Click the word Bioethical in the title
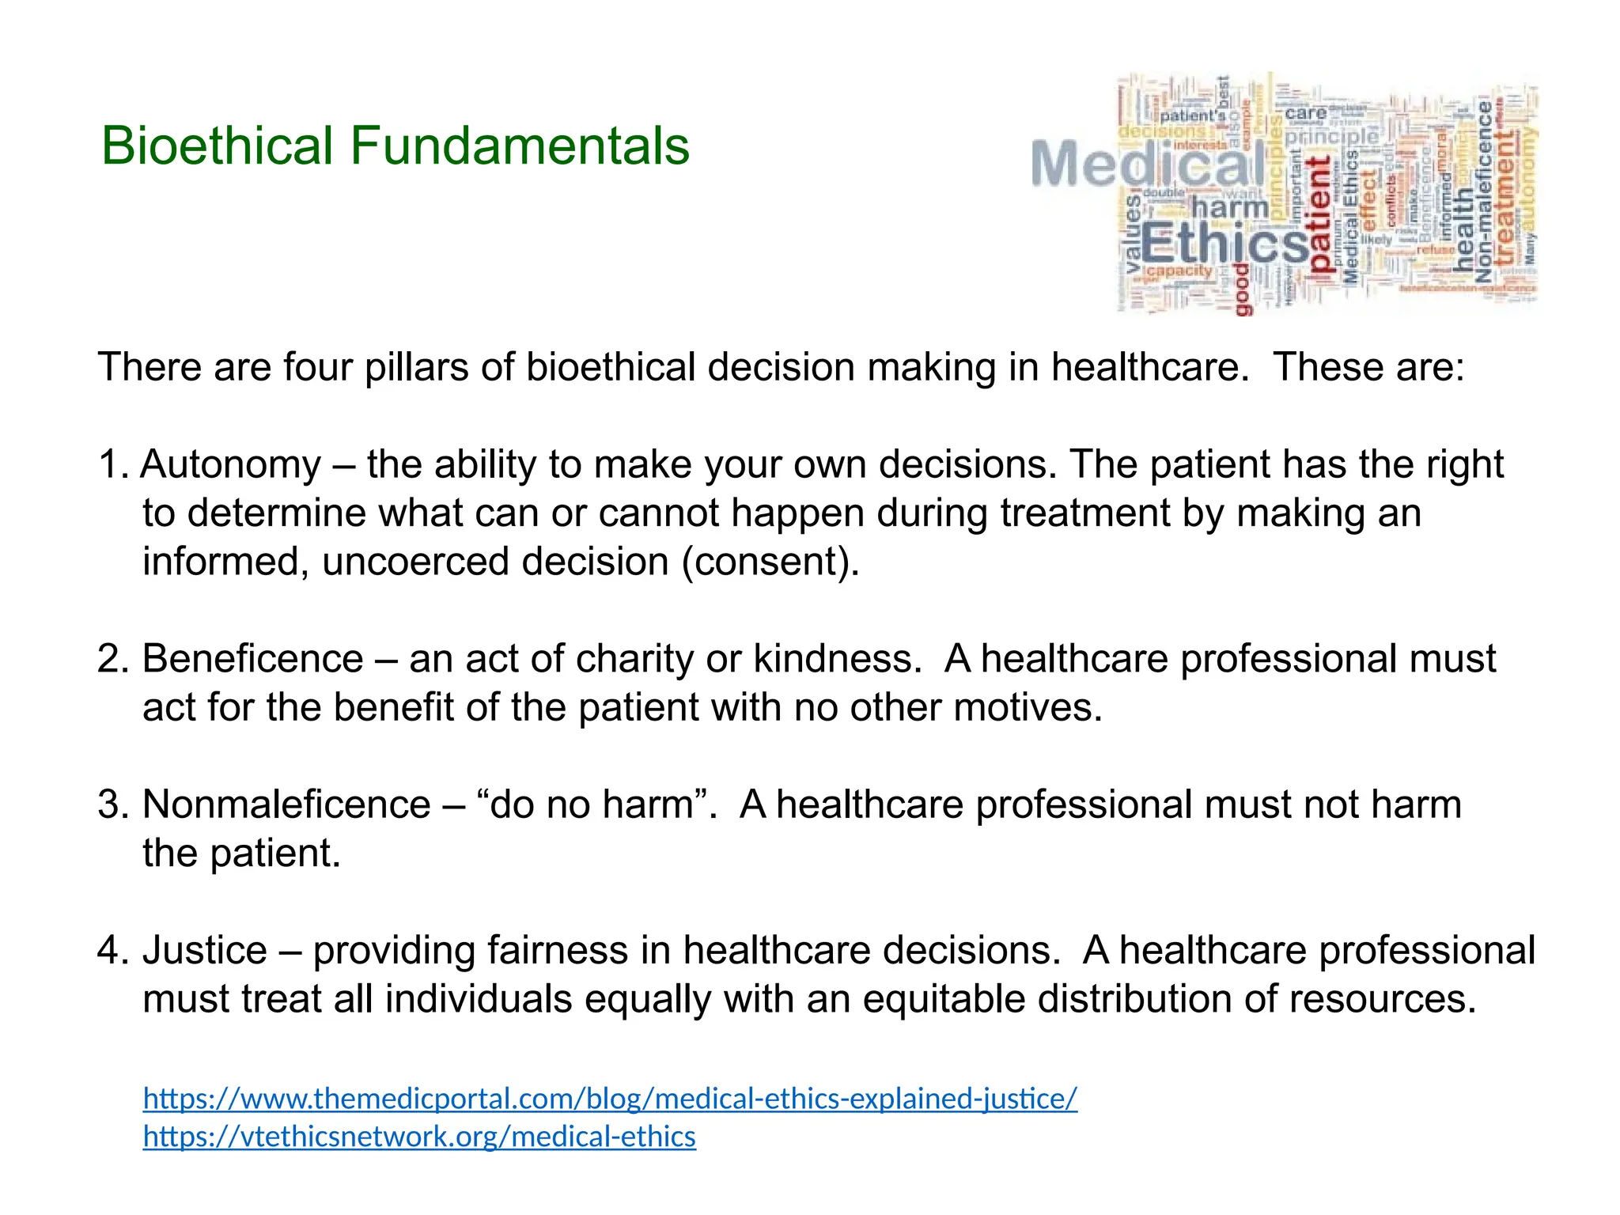pos(217,146)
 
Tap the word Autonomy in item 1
pos(231,464)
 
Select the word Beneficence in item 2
pos(252,659)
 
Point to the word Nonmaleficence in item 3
pos(286,804)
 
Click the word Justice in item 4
pos(205,950)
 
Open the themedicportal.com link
pos(610,1099)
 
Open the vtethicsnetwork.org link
pos(419,1137)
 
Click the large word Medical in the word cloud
pos(1147,165)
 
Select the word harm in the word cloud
pos(1229,208)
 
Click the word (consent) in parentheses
pos(770,562)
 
